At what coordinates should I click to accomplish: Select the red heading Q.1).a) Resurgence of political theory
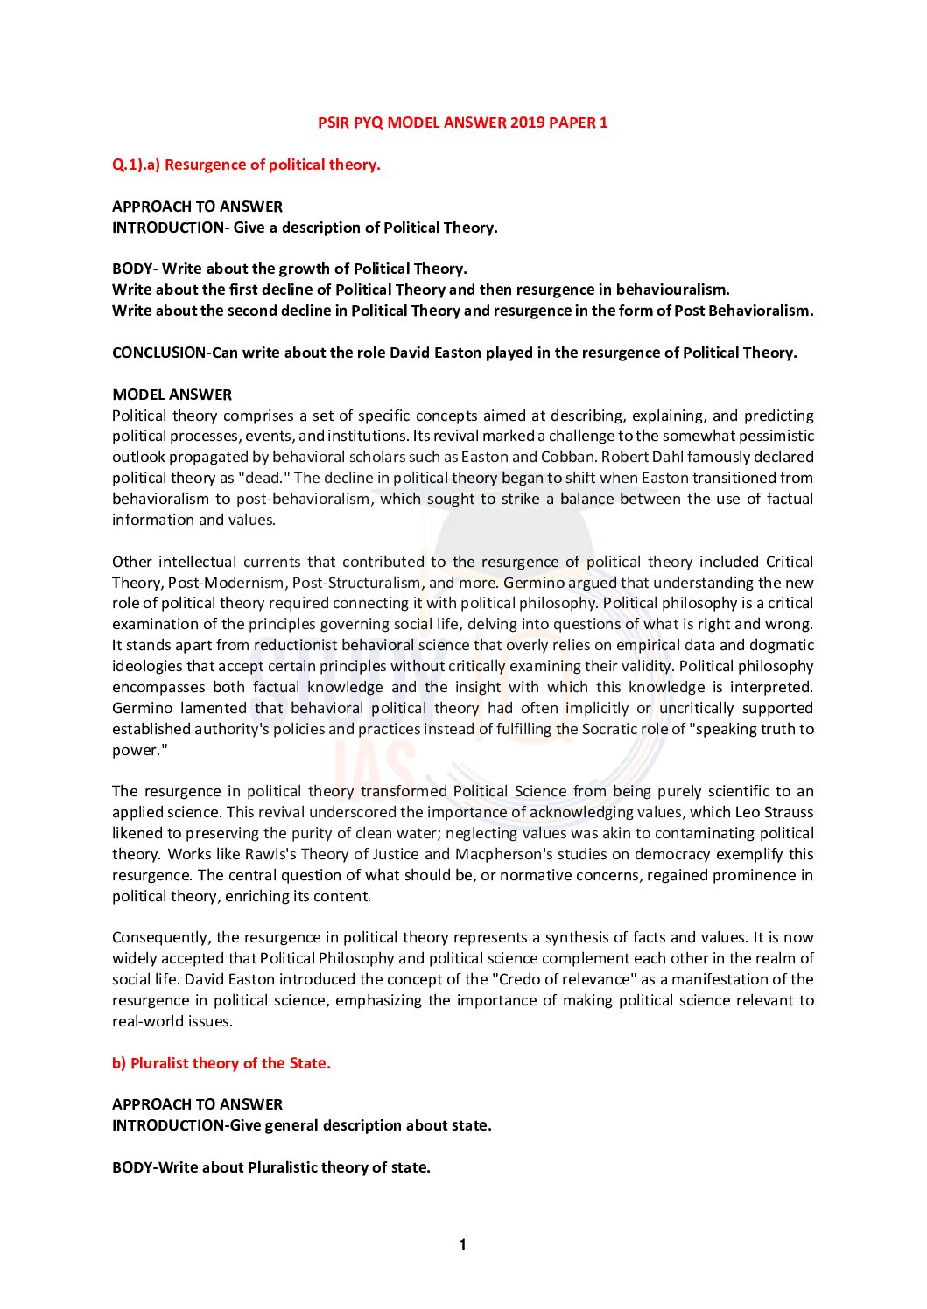point(246,164)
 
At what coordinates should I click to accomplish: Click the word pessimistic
point(773,436)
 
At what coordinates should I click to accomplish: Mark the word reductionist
point(294,645)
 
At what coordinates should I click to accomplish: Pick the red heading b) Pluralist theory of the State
point(221,1063)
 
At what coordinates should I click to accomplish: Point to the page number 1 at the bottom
point(463,1244)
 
